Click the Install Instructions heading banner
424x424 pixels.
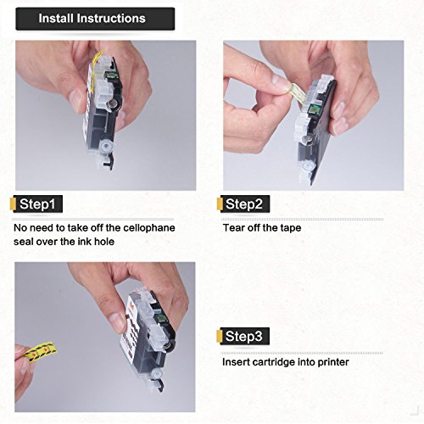point(95,19)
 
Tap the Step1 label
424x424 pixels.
point(37,204)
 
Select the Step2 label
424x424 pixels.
point(244,204)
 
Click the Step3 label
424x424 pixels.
point(244,336)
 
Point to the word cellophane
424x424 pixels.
point(149,228)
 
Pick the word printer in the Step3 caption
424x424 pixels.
point(333,362)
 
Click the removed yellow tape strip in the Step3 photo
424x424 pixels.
point(40,352)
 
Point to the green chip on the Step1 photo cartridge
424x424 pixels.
point(110,75)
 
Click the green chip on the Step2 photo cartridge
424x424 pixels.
point(314,109)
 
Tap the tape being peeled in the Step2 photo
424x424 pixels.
point(296,93)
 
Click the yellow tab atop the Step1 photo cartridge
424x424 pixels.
point(98,59)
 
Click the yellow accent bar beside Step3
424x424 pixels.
point(219,336)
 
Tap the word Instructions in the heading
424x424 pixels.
point(111,19)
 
